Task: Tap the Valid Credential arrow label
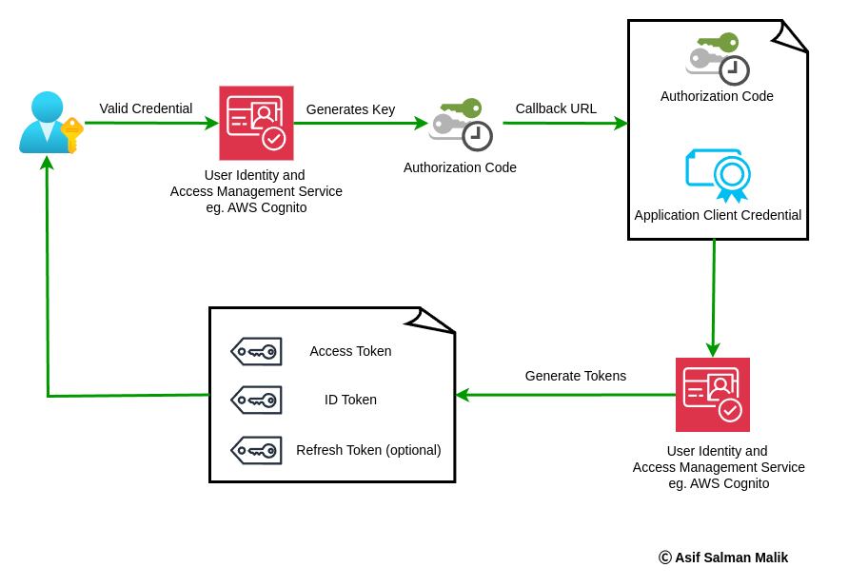[146, 108]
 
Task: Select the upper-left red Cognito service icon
[256, 123]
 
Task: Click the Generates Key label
[350, 109]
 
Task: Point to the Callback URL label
[556, 108]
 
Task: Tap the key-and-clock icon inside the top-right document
[718, 58]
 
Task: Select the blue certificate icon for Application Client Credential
[719, 175]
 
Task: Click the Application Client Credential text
[718, 215]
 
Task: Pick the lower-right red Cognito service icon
[713, 395]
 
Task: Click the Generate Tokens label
[575, 376]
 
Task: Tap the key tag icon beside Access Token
[256, 351]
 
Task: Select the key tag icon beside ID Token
[256, 400]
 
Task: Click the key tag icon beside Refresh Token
[256, 450]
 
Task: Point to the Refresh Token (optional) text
[368, 450]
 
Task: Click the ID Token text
[350, 400]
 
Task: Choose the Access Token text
[350, 351]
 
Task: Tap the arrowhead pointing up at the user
[47, 163]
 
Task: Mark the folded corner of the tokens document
[432, 321]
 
